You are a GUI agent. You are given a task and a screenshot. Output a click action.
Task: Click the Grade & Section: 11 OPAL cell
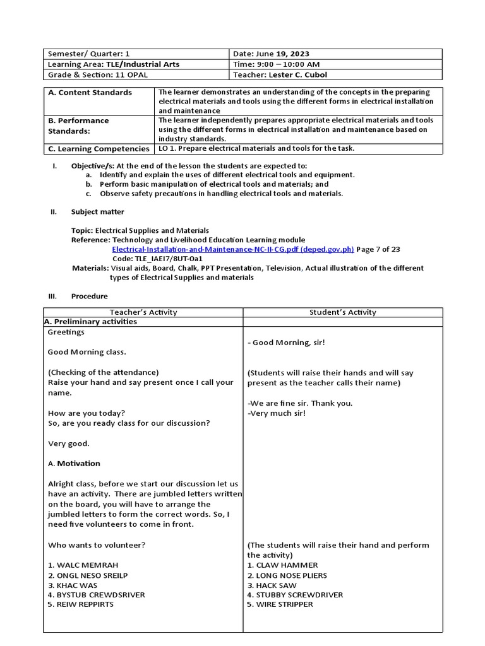click(x=88, y=74)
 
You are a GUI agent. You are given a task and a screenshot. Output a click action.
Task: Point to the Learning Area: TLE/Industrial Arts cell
click(x=114, y=64)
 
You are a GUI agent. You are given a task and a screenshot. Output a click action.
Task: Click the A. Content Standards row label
click(x=90, y=93)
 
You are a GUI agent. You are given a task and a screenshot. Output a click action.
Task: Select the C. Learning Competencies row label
click(x=99, y=149)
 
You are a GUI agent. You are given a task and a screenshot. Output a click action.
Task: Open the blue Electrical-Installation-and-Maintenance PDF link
click(x=233, y=249)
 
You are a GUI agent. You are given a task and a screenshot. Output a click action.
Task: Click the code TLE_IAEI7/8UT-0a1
click(x=148, y=259)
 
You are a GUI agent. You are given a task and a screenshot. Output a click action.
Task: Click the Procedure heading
click(x=89, y=296)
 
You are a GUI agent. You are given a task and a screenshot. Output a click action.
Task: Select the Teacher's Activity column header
click(x=143, y=312)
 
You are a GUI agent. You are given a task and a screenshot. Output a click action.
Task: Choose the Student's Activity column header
click(x=343, y=312)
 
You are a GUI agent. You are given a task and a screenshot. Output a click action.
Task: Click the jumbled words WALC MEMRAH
click(x=83, y=565)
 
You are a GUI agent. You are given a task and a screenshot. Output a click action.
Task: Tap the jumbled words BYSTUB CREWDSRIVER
click(x=97, y=594)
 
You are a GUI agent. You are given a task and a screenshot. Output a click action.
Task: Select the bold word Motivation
click(x=79, y=463)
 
